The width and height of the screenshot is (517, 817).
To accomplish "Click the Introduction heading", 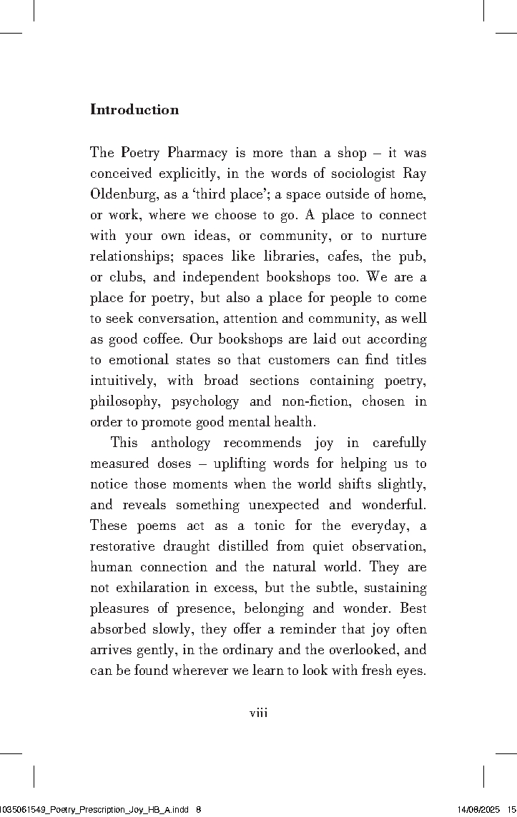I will click(134, 110).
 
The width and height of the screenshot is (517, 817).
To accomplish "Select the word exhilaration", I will click(154, 588).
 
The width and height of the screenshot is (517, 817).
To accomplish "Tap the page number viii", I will click(258, 712).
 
